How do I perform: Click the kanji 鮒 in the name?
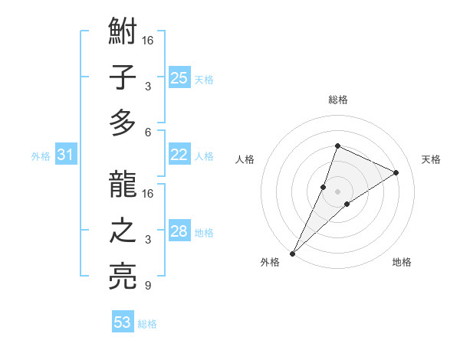coord(123,33)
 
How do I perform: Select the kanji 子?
coord(123,78)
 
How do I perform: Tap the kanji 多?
coord(123,123)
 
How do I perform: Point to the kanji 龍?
coord(123,186)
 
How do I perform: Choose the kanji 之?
coord(123,231)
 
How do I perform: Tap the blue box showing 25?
coord(179,77)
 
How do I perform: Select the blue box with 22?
coord(179,155)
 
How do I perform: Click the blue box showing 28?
coord(179,231)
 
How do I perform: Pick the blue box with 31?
coord(66,155)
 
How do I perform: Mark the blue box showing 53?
coord(123,322)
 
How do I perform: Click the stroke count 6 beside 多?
coord(148,132)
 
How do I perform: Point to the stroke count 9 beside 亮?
coord(148,286)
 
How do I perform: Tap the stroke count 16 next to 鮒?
coord(148,40)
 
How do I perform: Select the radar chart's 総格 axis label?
coord(337,100)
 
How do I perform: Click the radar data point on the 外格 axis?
coord(292,254)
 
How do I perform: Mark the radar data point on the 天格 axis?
coord(396,173)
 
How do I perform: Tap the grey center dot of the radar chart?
coord(337,191)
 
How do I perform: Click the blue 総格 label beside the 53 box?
coord(147,324)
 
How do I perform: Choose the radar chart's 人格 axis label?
coord(245,159)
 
